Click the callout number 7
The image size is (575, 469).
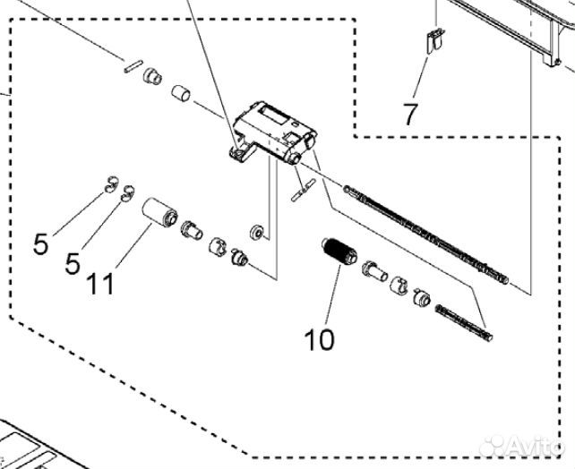tap(410, 114)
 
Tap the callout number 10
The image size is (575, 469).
tap(320, 339)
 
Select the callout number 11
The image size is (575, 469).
tap(100, 285)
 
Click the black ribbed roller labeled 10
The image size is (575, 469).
tap(339, 252)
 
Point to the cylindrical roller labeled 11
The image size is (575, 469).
tap(159, 212)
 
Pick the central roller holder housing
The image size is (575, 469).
tap(273, 132)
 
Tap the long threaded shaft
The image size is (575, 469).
tap(425, 234)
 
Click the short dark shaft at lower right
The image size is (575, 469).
tap(464, 323)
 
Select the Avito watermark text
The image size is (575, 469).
tap(522, 446)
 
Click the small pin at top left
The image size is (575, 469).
tap(132, 66)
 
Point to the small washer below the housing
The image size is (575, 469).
tap(256, 233)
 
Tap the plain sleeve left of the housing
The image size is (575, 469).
tap(181, 93)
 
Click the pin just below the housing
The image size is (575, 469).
tap(304, 190)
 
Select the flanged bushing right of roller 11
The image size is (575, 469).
tap(191, 230)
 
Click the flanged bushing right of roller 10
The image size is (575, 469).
tap(374, 272)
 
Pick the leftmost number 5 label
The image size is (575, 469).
tap(40, 244)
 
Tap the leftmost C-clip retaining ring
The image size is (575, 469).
tap(110, 184)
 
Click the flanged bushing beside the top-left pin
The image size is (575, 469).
tap(152, 77)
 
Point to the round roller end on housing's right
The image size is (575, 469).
tap(310, 141)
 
